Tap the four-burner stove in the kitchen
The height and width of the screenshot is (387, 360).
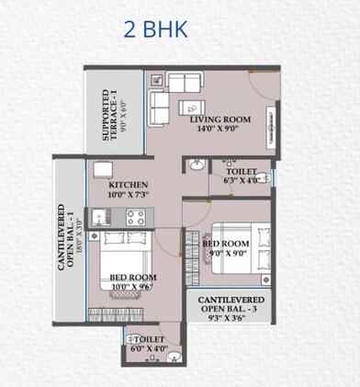(x=135, y=218)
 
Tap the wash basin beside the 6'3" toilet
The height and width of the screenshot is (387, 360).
(x=196, y=166)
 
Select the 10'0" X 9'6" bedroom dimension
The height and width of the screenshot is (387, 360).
(x=132, y=287)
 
